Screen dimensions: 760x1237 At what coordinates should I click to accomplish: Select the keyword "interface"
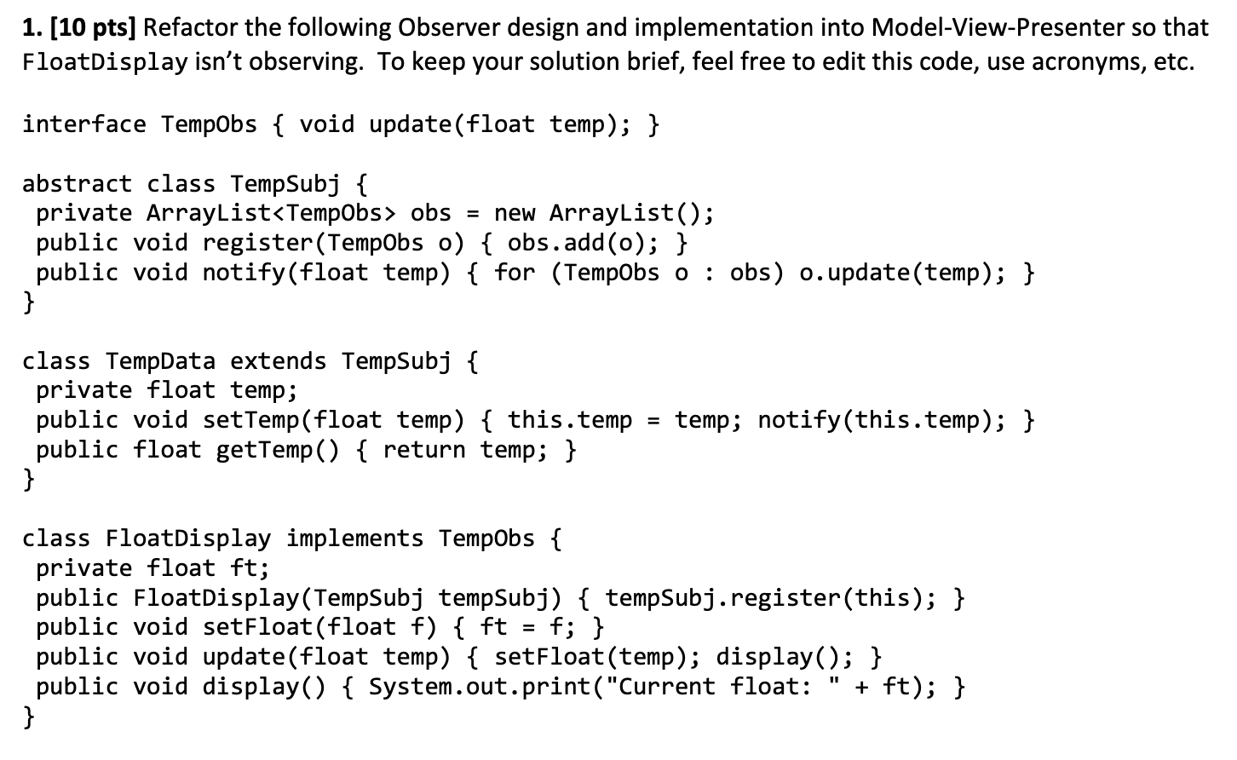point(84,124)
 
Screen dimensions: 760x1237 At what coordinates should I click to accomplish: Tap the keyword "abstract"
point(77,183)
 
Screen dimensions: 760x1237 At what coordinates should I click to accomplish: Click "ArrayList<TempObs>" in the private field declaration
point(272,213)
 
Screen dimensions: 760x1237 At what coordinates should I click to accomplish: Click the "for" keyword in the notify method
point(515,273)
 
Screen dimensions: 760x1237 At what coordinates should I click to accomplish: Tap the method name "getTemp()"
point(277,450)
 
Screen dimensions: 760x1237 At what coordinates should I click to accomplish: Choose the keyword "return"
point(423,450)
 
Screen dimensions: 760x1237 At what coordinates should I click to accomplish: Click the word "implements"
point(354,538)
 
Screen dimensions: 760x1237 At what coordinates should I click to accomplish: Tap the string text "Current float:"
point(715,687)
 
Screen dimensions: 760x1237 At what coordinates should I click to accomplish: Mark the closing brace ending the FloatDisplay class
point(29,716)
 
